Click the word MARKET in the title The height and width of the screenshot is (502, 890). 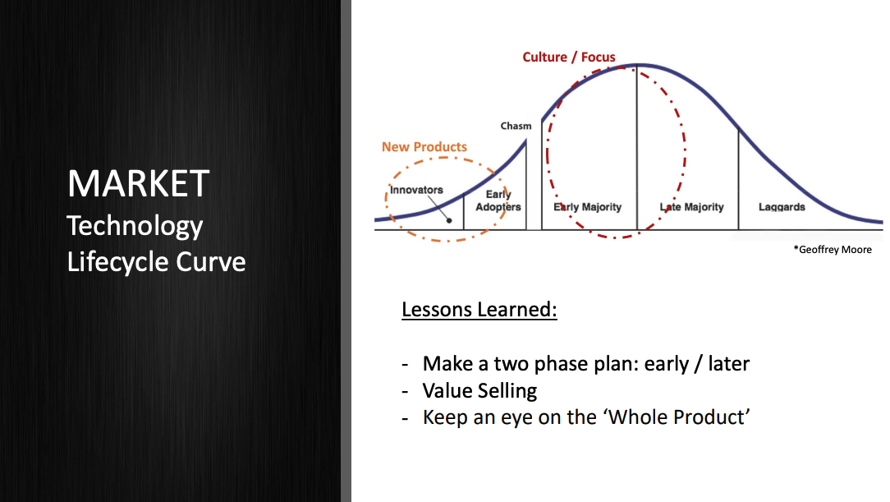tap(138, 183)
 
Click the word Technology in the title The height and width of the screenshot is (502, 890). tap(135, 225)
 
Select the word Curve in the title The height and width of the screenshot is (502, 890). tap(211, 261)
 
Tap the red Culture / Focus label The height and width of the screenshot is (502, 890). tap(569, 58)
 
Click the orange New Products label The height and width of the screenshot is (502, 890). tap(424, 147)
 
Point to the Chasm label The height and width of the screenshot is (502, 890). tap(516, 126)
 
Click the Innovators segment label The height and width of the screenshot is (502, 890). tap(416, 190)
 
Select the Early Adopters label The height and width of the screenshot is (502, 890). tap(498, 200)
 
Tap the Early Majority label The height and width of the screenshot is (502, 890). tap(587, 207)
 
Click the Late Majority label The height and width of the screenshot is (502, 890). tap(691, 207)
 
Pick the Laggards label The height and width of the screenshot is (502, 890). tap(782, 207)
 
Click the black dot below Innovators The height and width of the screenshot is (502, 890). tap(449, 220)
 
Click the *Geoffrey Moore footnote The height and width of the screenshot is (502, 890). tap(833, 249)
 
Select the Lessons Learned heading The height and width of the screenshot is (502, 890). tap(479, 310)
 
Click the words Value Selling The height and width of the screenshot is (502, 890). tap(479, 390)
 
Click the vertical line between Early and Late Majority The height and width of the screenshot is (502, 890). tap(636, 148)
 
